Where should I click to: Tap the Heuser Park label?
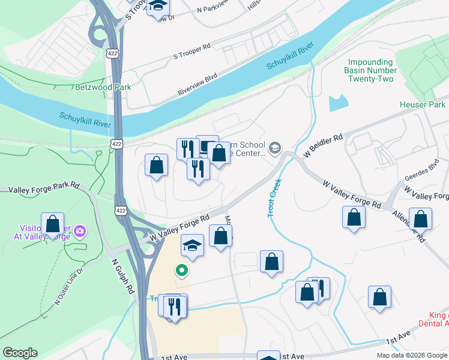coord(423,104)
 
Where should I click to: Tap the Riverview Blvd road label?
coord(197,85)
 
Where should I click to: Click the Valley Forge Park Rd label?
coord(44,188)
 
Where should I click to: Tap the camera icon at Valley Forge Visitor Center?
coord(80,231)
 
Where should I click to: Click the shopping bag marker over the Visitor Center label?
coord(52,224)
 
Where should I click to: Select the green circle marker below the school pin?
coord(181,271)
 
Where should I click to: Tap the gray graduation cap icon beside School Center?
coord(275,148)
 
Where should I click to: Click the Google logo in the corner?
coord(20,353)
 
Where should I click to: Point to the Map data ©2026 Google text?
coord(411,355)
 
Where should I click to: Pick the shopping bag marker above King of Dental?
coord(379,297)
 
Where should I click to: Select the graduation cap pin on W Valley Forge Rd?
coord(192,245)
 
